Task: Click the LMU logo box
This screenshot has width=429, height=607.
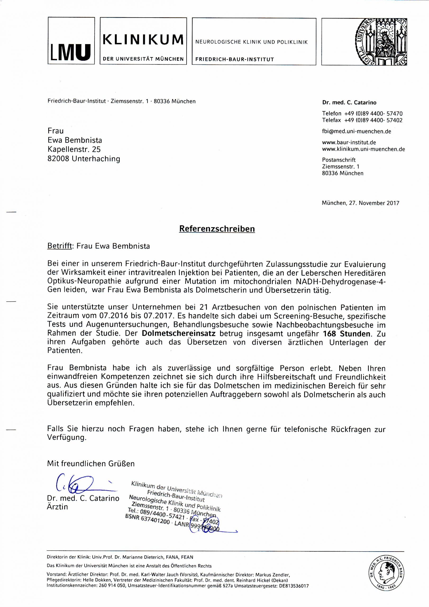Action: click(x=71, y=41)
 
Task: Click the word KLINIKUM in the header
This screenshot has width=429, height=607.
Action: click(x=143, y=40)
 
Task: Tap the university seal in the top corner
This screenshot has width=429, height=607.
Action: click(x=382, y=41)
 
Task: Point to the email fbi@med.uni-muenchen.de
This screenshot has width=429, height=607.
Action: click(x=356, y=131)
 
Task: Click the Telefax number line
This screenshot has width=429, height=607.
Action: click(x=362, y=120)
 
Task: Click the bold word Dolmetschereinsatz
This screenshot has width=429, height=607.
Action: click(x=178, y=334)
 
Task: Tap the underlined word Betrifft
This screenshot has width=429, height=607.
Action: click(x=60, y=246)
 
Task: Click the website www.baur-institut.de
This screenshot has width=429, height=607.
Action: click(x=349, y=143)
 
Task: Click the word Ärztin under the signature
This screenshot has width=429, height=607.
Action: click(x=57, y=507)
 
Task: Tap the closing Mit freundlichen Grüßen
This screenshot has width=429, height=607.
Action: click(x=91, y=464)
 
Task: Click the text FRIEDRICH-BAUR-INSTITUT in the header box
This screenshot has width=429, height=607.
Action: click(x=234, y=60)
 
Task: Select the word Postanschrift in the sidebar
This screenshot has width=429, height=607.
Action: click(x=339, y=160)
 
